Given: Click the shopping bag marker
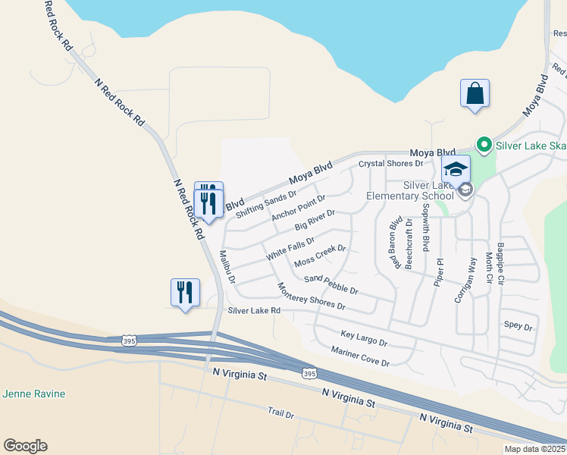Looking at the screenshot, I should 475,94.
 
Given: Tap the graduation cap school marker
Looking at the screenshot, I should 456,169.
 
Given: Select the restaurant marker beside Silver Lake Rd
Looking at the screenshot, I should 185,293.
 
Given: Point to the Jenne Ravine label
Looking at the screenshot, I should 34,394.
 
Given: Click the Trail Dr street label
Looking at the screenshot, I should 280,413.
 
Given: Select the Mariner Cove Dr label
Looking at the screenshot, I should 360,356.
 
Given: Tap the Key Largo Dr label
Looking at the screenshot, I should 364,338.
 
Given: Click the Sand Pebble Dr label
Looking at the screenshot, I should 330,284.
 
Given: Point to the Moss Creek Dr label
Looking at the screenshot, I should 320,256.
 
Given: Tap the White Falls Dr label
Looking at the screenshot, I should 290,249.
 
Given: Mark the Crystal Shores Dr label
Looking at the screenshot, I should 390,163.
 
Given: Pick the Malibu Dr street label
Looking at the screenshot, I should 227,266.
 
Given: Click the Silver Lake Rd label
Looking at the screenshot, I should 254,311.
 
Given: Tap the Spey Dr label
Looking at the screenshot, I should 518,327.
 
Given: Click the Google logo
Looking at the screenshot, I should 25,446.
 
